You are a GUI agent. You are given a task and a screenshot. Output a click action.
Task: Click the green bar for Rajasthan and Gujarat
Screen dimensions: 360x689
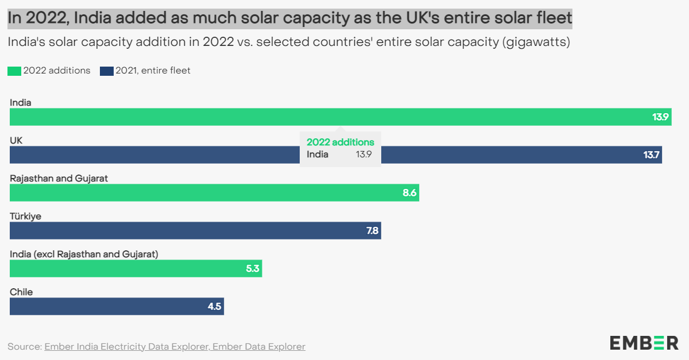pyautogui.click(x=214, y=193)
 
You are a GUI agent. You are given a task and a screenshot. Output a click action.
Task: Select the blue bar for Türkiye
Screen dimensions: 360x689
pyautogui.click(x=195, y=231)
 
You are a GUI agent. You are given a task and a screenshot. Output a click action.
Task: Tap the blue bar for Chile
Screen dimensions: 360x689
pyautogui.click(x=117, y=306)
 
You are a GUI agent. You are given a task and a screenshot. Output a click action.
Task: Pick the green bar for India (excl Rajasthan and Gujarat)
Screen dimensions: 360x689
pyautogui.click(x=136, y=268)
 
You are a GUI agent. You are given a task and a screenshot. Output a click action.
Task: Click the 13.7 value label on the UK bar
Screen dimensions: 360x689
pyautogui.click(x=651, y=155)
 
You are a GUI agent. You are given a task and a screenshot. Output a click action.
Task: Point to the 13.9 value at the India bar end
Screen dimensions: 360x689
pyautogui.click(x=660, y=117)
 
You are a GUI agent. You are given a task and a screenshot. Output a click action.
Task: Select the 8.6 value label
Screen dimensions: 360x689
pyautogui.click(x=409, y=193)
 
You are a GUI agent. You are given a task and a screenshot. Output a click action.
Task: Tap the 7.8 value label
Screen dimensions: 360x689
pyautogui.click(x=372, y=231)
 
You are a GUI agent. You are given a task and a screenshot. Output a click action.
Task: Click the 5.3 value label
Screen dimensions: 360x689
pyautogui.click(x=253, y=268)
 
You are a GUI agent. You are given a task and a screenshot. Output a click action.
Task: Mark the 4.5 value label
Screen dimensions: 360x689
pyautogui.click(x=214, y=306)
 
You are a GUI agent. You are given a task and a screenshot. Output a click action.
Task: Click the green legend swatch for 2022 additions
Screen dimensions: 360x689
pyautogui.click(x=14, y=71)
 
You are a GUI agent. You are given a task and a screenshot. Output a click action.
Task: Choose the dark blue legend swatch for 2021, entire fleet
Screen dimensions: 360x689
pyautogui.click(x=106, y=71)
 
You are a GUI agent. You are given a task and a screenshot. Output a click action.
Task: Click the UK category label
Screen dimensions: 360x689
pyautogui.click(x=16, y=140)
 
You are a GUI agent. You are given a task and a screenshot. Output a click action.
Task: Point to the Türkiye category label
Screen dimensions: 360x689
pyautogui.click(x=25, y=216)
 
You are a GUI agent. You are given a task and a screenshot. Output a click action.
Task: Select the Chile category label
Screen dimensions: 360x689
pyautogui.click(x=21, y=292)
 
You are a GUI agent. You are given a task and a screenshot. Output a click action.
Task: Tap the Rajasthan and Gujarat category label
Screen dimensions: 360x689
pyautogui.click(x=59, y=178)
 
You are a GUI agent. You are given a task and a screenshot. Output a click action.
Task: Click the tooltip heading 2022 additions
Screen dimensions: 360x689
pyautogui.click(x=340, y=142)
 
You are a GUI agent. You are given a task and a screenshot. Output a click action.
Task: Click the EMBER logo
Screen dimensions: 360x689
pyautogui.click(x=644, y=343)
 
